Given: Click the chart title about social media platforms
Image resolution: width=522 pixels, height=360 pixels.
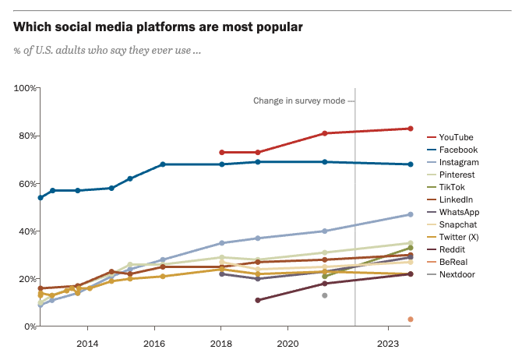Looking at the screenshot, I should click(158, 27).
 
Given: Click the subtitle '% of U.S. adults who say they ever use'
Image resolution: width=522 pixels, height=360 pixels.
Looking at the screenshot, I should click(108, 51).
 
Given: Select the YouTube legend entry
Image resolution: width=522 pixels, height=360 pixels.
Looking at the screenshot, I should click(456, 137).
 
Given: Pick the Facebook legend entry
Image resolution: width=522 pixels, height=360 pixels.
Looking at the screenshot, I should click(457, 150).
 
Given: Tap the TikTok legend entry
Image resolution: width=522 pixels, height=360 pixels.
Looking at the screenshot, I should click(452, 187).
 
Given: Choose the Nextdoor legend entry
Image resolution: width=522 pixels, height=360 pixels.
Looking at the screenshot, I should click(457, 274).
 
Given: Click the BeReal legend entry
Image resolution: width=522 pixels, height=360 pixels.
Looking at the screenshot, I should click(453, 262).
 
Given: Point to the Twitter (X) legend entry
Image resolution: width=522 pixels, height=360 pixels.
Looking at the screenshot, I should click(460, 237).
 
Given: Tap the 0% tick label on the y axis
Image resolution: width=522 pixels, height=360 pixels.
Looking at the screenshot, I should click(29, 326).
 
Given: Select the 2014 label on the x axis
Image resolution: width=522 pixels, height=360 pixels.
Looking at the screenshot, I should click(87, 343).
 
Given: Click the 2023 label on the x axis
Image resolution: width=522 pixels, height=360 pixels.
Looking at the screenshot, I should click(389, 343).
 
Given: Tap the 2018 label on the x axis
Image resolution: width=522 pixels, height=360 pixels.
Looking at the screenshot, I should click(221, 343).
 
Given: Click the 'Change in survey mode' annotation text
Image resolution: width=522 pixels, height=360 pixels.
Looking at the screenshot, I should click(299, 101).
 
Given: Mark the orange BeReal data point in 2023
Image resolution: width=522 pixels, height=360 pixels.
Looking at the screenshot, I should click(410, 319).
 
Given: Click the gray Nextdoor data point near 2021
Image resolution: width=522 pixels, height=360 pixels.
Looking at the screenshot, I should click(325, 295).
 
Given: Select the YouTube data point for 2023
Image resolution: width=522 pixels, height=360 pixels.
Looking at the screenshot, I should click(410, 129).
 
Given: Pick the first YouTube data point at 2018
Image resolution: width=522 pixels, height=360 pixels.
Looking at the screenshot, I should click(222, 152).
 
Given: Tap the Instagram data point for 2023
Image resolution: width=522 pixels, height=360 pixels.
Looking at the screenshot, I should click(410, 214).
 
